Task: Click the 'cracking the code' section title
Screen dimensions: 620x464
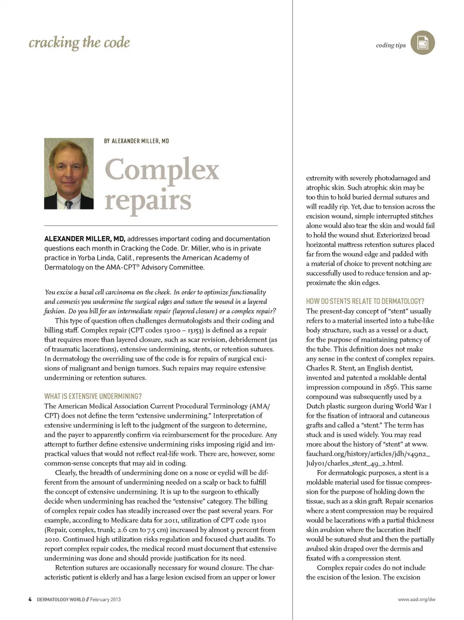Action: [x=79, y=42]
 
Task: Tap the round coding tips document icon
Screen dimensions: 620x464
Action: [x=422, y=42]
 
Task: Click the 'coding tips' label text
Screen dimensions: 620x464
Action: [x=391, y=45]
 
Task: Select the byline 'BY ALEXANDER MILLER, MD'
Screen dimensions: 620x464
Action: [x=136, y=141]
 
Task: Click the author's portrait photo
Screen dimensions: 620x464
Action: [x=69, y=173]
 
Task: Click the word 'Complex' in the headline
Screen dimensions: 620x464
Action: [x=162, y=170]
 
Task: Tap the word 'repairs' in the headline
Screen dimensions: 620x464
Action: [x=148, y=200]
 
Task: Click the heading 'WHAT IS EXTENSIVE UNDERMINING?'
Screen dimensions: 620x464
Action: [x=93, y=396]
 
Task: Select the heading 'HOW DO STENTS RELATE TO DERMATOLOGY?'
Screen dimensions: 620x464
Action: [x=365, y=301]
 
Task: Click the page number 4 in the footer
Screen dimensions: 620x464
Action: [x=30, y=599]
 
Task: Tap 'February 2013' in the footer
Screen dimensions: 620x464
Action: [x=105, y=599]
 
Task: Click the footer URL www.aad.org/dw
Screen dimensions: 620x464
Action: [x=416, y=599]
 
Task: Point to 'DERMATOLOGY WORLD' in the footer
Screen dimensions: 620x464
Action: [x=61, y=599]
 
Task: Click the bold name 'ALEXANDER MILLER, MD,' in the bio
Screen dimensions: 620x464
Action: [x=85, y=239]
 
